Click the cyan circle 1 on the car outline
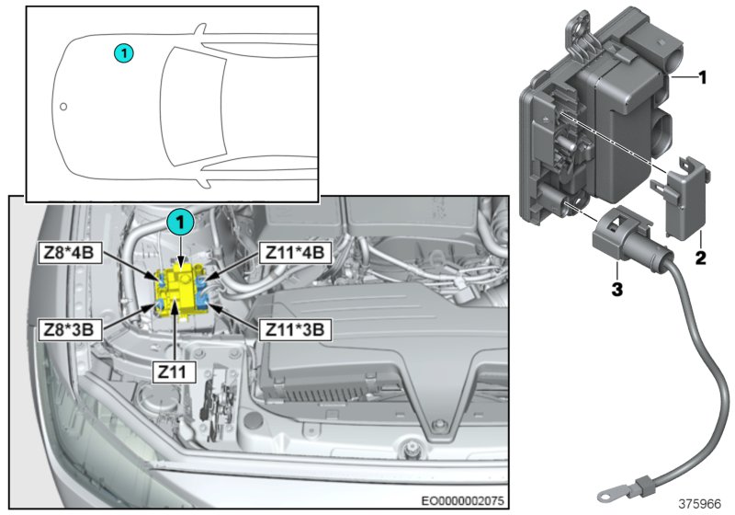[124, 53]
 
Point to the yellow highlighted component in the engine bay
[180, 289]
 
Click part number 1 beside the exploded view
[701, 79]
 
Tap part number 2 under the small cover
[700, 259]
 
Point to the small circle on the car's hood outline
[63, 107]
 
